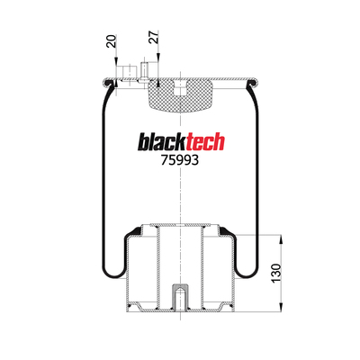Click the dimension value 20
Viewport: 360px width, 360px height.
(x=112, y=41)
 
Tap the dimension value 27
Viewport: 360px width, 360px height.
(x=154, y=37)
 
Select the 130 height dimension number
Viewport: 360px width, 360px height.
(x=276, y=273)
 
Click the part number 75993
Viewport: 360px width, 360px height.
(x=180, y=160)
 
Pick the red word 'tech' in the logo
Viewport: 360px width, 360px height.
(x=206, y=142)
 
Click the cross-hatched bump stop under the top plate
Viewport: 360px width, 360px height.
(x=180, y=95)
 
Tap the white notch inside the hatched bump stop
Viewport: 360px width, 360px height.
(x=180, y=88)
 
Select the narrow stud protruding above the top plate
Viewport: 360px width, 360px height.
(x=144, y=71)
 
